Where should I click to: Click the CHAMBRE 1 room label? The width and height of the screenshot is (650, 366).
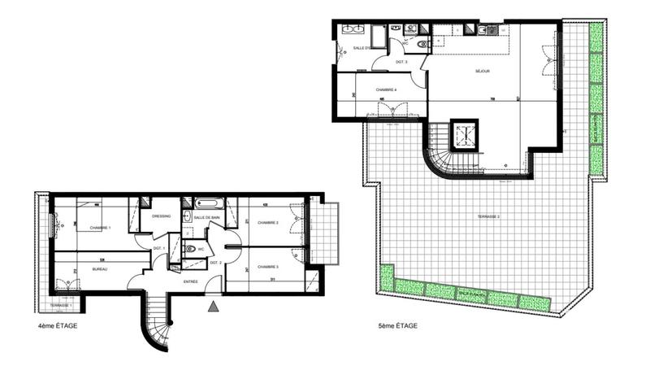coord(99,228)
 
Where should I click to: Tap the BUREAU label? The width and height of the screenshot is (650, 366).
coord(100,268)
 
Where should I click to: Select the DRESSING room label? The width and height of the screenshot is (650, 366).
coord(160,216)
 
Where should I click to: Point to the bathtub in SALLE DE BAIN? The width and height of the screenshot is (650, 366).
coord(207,203)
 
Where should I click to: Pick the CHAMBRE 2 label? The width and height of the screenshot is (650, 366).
coord(268,222)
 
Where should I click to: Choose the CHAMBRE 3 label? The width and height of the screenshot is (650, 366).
coord(268,267)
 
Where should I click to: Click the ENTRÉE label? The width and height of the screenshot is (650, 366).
coord(190,281)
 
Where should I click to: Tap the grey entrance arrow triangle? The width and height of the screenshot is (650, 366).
coord(213,307)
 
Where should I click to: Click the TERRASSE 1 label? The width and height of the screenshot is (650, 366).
coord(61,305)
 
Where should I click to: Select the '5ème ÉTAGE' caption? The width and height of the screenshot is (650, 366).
coord(398,325)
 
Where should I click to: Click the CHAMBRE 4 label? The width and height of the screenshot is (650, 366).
coord(385,90)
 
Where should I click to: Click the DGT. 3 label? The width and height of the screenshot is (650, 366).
coord(401,62)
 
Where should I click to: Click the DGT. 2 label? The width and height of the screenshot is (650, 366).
coord(215,263)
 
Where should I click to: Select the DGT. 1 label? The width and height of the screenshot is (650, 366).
coord(160,247)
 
